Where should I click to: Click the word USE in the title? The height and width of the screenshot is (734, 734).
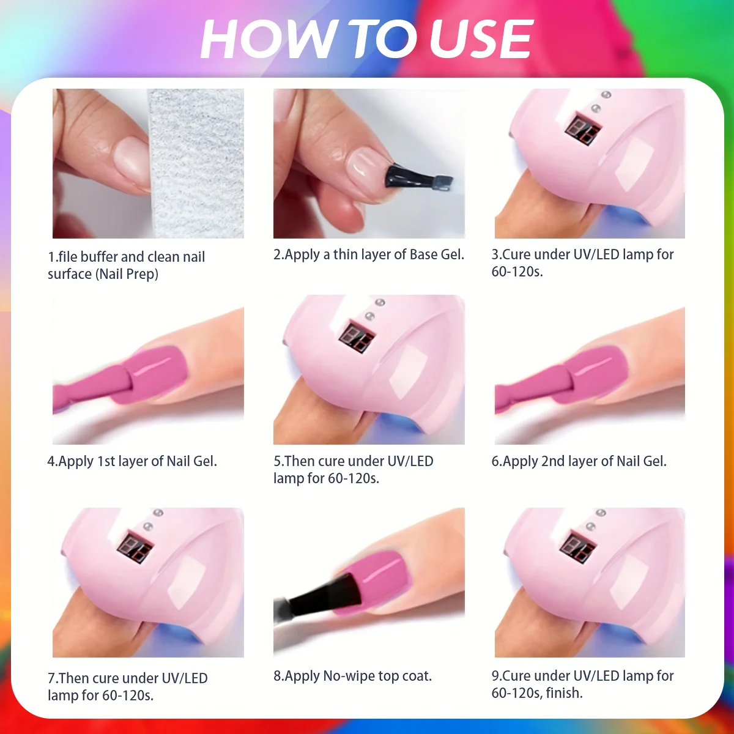tap(481, 39)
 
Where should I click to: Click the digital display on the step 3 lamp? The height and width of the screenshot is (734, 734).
tap(580, 129)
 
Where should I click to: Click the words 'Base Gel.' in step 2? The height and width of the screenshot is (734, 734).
tap(437, 254)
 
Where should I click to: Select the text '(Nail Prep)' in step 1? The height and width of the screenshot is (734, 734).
tap(127, 274)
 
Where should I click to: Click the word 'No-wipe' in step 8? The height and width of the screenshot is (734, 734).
tap(349, 676)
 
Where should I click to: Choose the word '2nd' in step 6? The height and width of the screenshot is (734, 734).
tap(553, 461)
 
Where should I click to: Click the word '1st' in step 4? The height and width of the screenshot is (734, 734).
tap(106, 461)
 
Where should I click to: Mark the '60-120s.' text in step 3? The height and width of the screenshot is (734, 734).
tap(517, 272)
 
